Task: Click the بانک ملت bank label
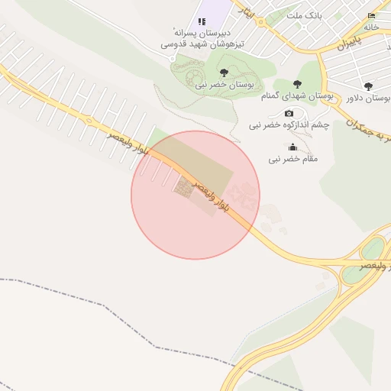303,15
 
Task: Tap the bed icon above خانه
372,15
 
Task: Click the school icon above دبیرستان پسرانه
202,21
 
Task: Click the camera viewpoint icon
289,113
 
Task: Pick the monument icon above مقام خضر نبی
292,147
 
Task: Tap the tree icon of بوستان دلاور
368,86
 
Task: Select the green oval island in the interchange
373,249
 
